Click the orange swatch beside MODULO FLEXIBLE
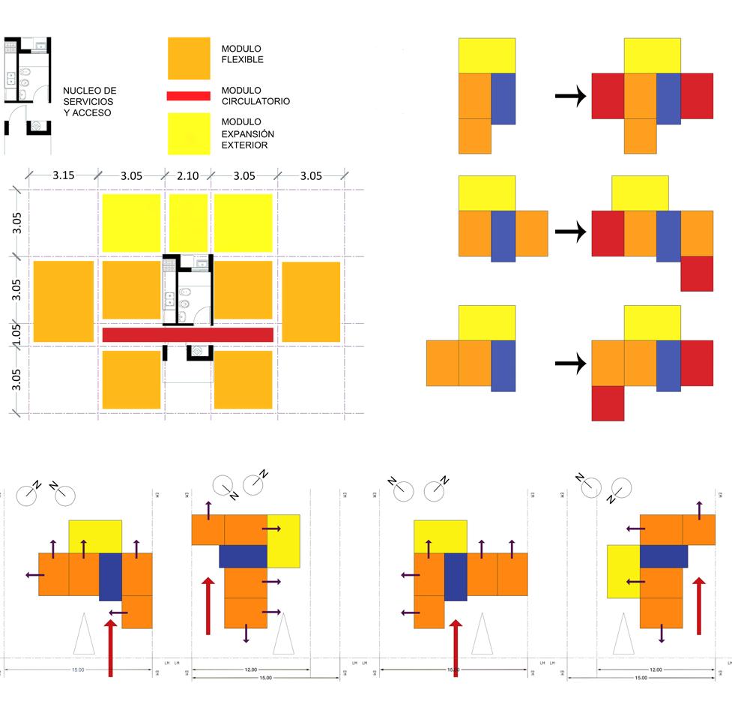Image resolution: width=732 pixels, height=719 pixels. (x=189, y=58)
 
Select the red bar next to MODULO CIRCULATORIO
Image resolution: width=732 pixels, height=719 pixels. (x=189, y=95)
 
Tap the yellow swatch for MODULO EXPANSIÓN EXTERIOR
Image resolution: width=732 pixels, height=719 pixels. (x=189, y=133)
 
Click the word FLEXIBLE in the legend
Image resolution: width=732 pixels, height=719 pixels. (x=243, y=60)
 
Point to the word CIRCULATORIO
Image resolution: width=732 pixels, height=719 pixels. (x=255, y=101)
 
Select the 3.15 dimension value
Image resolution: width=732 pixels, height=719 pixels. (x=63, y=176)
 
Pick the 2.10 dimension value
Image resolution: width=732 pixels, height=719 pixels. (x=188, y=176)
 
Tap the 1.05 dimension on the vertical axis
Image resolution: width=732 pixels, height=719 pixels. (x=17, y=334)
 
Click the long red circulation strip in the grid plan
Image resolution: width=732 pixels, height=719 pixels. (x=187, y=334)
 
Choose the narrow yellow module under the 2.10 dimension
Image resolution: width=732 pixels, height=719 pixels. (x=188, y=223)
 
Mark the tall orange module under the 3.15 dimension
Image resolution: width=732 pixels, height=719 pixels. (x=63, y=301)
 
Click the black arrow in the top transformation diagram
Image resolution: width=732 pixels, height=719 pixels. (x=569, y=97)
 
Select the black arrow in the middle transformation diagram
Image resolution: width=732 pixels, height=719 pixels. (x=569, y=232)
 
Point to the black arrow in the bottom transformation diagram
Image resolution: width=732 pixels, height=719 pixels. (x=569, y=364)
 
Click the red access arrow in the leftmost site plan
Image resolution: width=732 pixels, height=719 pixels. (x=111, y=648)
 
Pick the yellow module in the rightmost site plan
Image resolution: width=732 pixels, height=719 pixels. (x=623, y=571)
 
